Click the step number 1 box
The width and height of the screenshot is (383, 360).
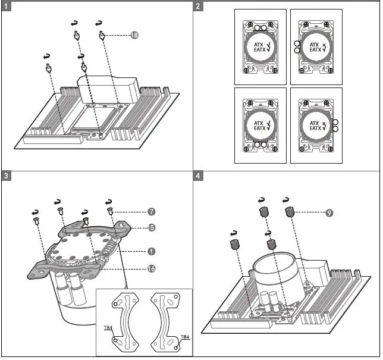tap(6, 7)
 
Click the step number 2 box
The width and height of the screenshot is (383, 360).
tap(198, 7)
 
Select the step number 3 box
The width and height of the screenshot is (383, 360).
tap(6, 176)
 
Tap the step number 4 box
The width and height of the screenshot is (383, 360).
tap(198, 176)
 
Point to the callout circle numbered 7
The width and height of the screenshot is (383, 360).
tap(152, 211)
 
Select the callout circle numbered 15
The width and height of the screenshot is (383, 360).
tap(152, 227)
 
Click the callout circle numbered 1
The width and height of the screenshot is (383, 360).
tap(152, 251)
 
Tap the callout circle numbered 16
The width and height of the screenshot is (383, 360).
tap(152, 268)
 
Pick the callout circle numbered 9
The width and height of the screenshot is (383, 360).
tap(329, 213)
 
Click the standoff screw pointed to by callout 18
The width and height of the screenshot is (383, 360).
tap(103, 36)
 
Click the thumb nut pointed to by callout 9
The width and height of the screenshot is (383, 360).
tap(290, 212)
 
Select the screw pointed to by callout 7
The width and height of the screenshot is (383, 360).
tap(111, 211)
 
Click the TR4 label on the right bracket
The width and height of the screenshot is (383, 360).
tap(184, 337)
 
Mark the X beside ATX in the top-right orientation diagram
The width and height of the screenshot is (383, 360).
tap(324, 45)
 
